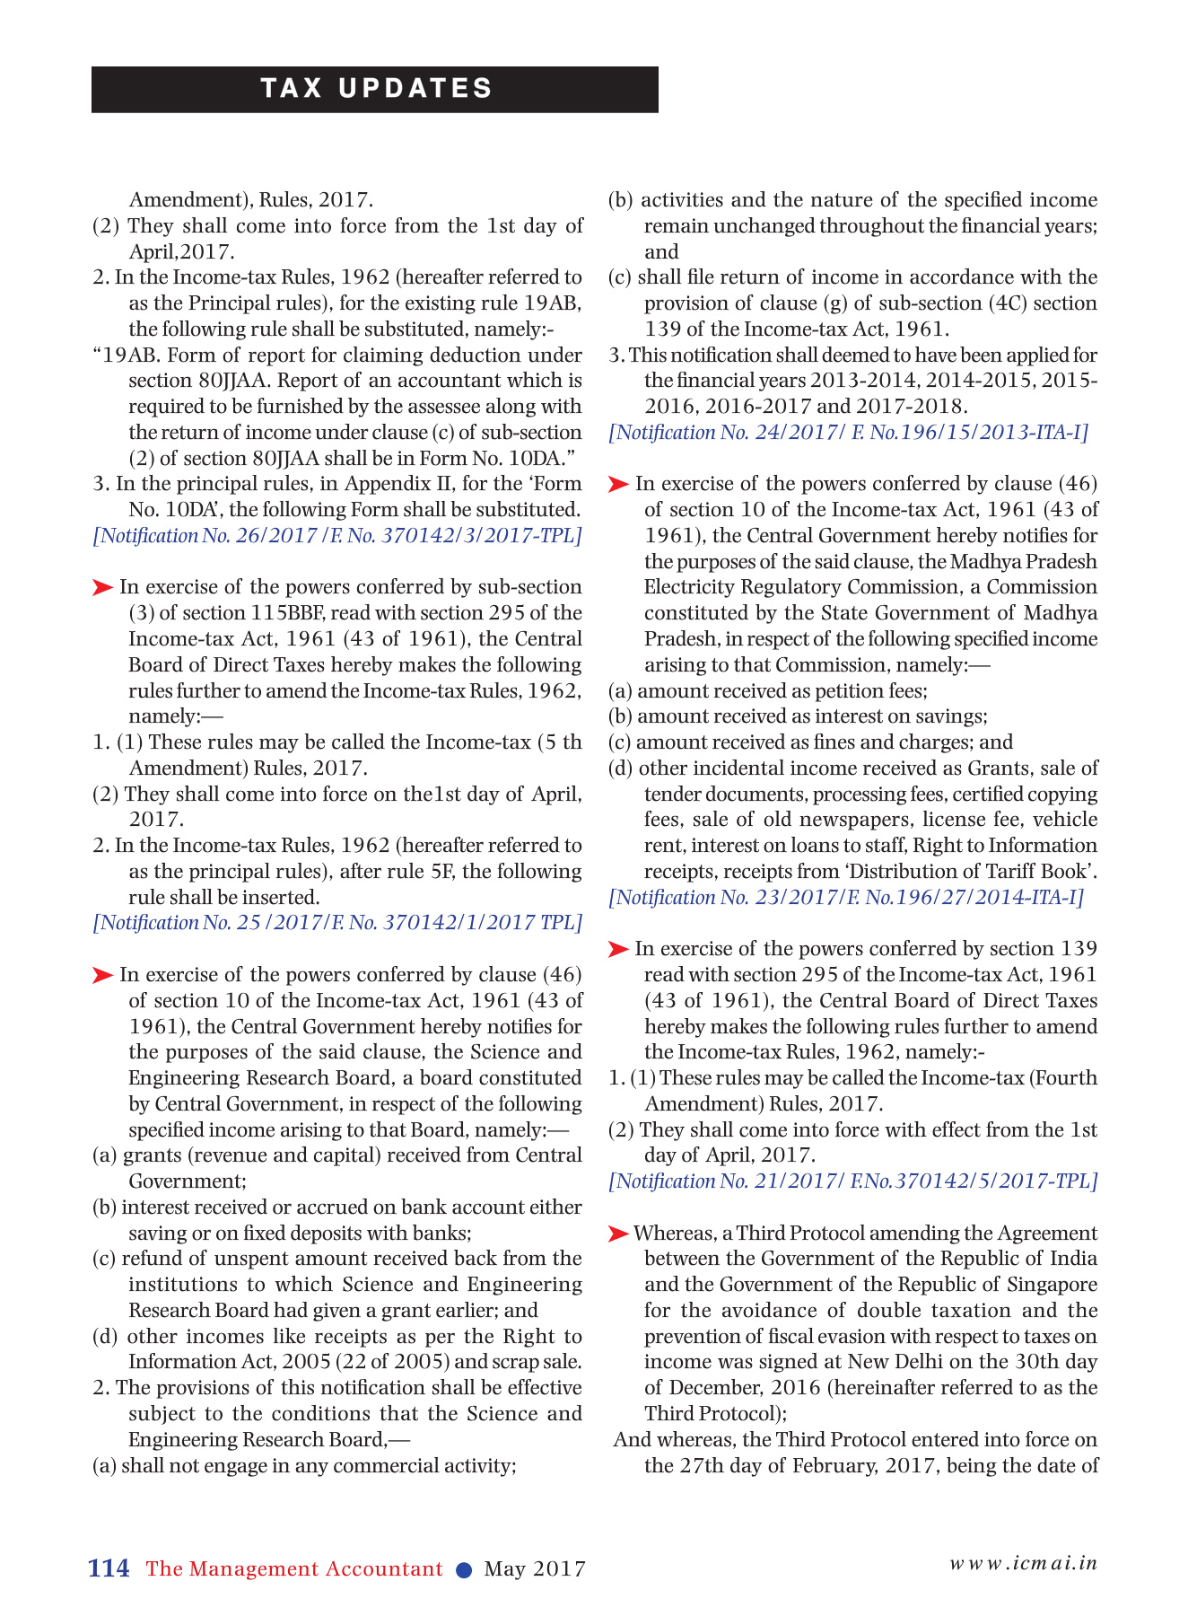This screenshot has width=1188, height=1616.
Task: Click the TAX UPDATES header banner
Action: (x=375, y=89)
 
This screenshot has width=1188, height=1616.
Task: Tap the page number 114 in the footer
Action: (x=109, y=1568)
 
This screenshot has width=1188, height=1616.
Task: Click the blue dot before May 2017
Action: (x=464, y=1569)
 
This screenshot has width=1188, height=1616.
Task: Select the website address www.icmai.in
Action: (x=1023, y=1562)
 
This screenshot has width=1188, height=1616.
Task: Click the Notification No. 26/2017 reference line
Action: (x=337, y=536)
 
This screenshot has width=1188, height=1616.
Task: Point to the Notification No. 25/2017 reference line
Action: (x=337, y=923)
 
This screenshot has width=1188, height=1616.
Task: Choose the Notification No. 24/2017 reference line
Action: (x=848, y=433)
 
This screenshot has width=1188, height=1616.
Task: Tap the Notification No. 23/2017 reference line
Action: (x=846, y=897)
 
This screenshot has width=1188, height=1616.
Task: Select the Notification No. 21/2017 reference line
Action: (x=852, y=1181)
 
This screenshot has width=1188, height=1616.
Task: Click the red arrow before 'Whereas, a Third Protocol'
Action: (x=618, y=1234)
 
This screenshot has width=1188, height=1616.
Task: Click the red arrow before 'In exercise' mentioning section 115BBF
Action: (x=102, y=588)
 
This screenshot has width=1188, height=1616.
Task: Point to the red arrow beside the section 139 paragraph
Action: (x=618, y=950)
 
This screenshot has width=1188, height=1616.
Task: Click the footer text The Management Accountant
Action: (x=294, y=1569)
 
